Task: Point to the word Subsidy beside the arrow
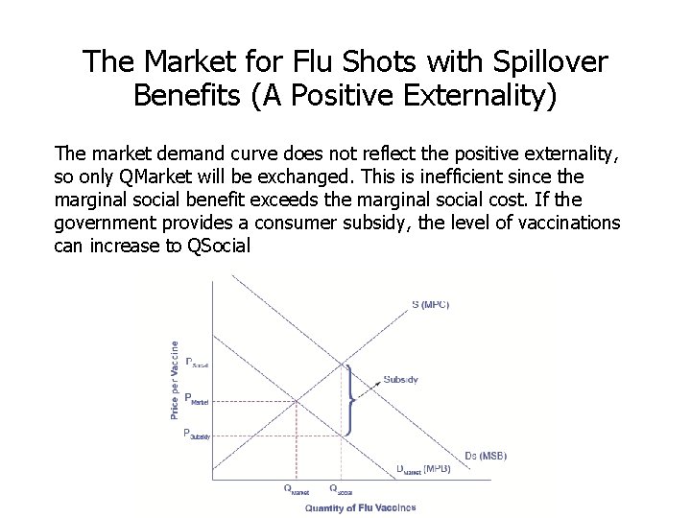click(x=400, y=379)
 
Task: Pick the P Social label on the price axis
click(x=196, y=363)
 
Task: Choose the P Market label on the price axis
click(x=196, y=400)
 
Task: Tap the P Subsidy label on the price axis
click(x=196, y=435)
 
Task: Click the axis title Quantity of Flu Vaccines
click(x=360, y=507)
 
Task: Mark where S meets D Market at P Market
click(x=298, y=401)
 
